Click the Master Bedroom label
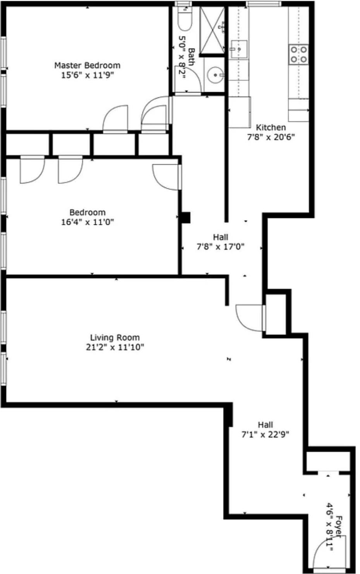pyautogui.click(x=87, y=65)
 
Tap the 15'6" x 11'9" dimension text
pyautogui.click(x=87, y=75)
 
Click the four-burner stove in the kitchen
pyautogui.click(x=299, y=54)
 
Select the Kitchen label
pyautogui.click(x=271, y=127)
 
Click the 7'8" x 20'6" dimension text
pyautogui.click(x=271, y=137)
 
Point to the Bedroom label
pyautogui.click(x=87, y=212)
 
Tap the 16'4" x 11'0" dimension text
pyautogui.click(x=87, y=222)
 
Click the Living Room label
pyautogui.click(x=115, y=338)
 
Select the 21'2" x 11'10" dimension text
pyautogui.click(x=115, y=347)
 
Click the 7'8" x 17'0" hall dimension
pyautogui.click(x=220, y=246)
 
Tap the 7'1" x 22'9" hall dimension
pyautogui.click(x=265, y=434)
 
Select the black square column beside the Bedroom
pyautogui.click(x=186, y=217)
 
